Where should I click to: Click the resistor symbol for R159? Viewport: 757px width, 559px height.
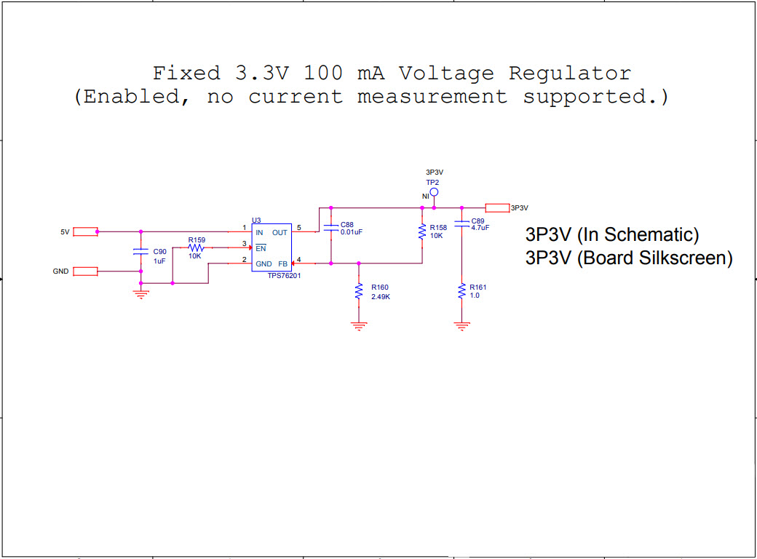[195, 247]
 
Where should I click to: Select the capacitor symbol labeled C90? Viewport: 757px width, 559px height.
[140, 251]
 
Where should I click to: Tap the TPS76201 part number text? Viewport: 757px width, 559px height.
[284, 277]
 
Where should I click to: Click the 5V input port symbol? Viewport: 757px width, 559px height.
[85, 231]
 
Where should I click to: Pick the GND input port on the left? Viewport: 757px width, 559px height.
[85, 271]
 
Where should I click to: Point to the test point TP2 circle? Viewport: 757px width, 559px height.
[434, 192]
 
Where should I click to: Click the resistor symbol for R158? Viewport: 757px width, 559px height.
[422, 231]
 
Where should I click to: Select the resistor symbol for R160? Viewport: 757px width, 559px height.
[358, 291]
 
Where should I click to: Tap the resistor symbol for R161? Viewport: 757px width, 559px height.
[461, 291]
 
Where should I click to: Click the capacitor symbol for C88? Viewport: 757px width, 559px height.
[330, 227]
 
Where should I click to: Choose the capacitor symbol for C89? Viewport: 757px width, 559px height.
[461, 224]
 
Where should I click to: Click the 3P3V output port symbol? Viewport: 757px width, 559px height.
[497, 207]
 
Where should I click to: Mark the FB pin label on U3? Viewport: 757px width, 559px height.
[282, 263]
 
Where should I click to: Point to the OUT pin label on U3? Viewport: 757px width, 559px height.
[280, 232]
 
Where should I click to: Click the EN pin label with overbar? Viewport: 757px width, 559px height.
[260, 248]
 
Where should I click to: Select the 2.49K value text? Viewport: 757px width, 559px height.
[381, 296]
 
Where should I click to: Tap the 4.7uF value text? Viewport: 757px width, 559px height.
[480, 228]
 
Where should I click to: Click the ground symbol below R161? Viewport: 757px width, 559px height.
[461, 325]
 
